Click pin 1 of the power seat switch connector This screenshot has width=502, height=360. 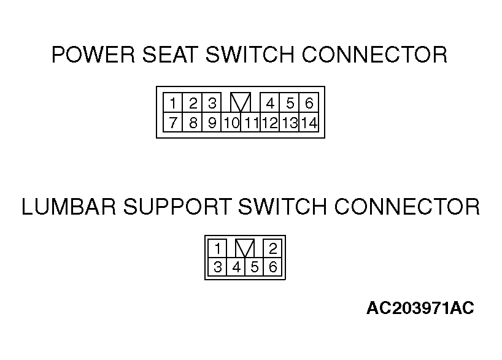(172, 102)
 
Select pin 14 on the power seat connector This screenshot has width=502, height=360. (309, 122)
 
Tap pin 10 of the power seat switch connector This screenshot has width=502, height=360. (231, 122)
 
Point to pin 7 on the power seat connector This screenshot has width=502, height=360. (172, 122)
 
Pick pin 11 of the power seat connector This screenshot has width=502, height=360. (250, 122)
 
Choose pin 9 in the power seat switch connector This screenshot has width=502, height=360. (211, 122)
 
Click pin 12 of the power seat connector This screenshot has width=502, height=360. (270, 122)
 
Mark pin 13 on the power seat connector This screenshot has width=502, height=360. (289, 122)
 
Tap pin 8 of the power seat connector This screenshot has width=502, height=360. (192, 122)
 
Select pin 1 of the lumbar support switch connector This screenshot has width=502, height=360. (217, 248)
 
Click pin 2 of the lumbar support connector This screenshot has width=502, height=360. (272, 248)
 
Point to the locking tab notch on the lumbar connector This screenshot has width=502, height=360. (245, 248)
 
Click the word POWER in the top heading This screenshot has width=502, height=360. (93, 55)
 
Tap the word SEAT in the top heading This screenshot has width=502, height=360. (169, 55)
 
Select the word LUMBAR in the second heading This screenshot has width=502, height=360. (69, 207)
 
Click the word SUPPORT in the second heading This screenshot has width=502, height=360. (177, 207)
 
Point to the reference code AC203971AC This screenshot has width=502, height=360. (420, 308)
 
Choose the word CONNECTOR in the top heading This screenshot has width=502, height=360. (374, 55)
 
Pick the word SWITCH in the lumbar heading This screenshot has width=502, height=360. (282, 207)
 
